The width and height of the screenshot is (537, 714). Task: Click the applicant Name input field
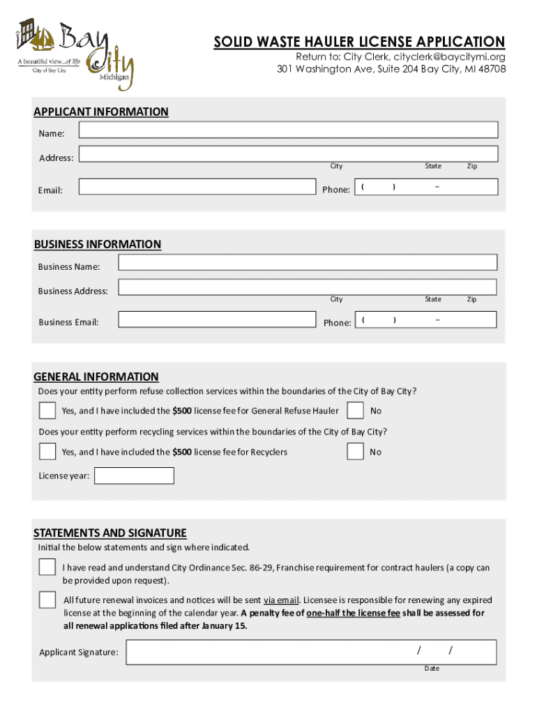click(x=288, y=130)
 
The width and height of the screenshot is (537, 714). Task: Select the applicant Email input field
click(x=197, y=186)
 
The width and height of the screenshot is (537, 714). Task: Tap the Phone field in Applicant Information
click(x=426, y=187)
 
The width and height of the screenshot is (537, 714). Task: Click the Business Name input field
click(x=308, y=263)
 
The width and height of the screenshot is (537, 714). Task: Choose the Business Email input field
click(x=216, y=319)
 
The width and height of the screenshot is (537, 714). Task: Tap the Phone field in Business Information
click(x=426, y=319)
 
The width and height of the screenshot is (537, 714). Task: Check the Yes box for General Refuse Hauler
click(x=47, y=410)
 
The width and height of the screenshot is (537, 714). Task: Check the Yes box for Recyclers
click(x=47, y=451)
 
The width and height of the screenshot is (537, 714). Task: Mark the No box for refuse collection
click(x=355, y=410)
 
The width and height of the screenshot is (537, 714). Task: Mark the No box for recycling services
click(x=355, y=451)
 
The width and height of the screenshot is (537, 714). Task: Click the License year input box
click(x=134, y=476)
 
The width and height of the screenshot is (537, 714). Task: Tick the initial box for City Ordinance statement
click(x=47, y=567)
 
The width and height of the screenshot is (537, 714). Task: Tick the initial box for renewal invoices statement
click(x=47, y=600)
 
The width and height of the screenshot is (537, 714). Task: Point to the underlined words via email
click(x=281, y=600)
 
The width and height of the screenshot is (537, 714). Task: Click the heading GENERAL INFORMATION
click(x=96, y=377)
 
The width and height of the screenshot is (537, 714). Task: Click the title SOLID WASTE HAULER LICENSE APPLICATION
click(x=359, y=42)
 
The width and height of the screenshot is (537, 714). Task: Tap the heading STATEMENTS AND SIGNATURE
click(x=110, y=533)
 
